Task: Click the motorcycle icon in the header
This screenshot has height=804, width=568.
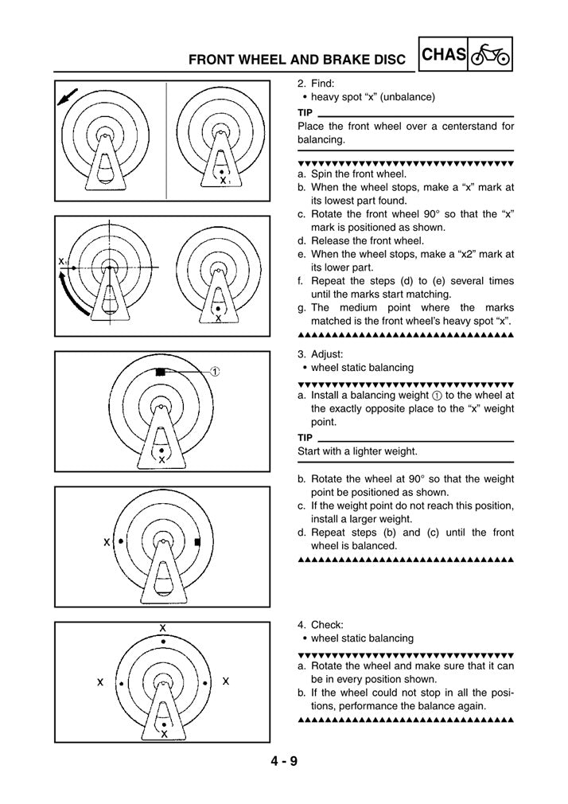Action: point(490,55)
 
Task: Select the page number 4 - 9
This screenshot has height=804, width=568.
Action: point(283,762)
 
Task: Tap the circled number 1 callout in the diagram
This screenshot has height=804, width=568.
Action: point(216,372)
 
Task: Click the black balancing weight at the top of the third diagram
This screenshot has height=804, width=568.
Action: point(161,372)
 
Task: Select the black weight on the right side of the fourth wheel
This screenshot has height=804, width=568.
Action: point(196,542)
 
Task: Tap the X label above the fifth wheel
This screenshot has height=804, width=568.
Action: point(163,627)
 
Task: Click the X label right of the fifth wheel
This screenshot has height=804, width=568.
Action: point(226,682)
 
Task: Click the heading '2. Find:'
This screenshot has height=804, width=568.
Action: point(316,83)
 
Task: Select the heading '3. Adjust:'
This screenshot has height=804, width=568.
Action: point(320,353)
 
